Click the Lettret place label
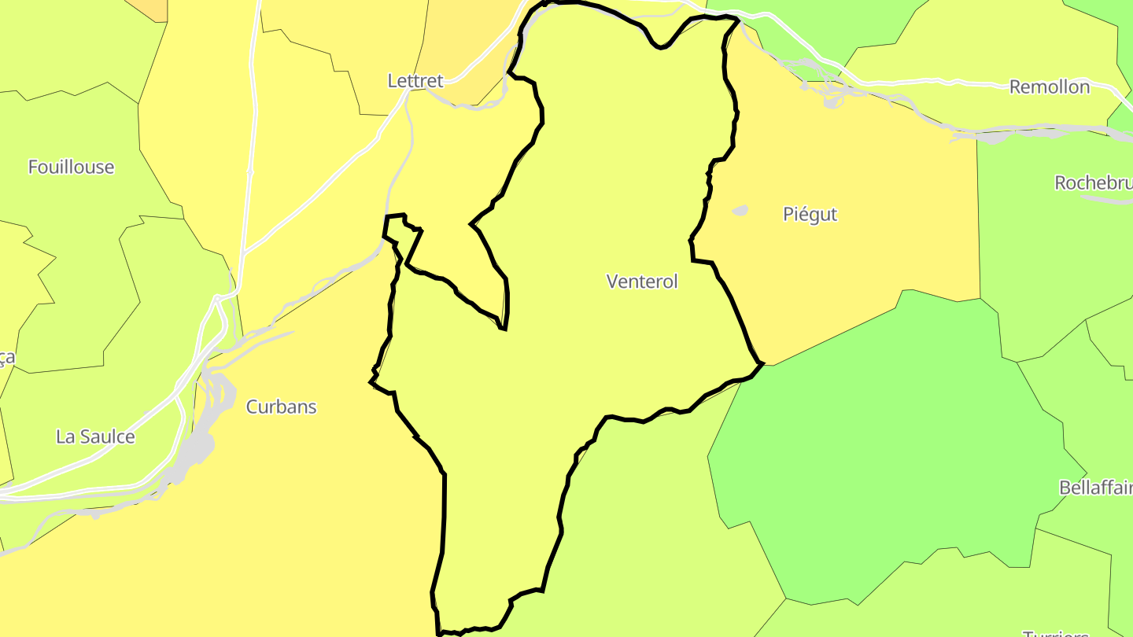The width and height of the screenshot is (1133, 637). [x=415, y=80]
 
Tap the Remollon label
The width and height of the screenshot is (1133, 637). [x=1050, y=87]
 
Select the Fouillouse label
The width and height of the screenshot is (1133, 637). [x=71, y=167]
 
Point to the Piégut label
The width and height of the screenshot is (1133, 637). [x=810, y=214]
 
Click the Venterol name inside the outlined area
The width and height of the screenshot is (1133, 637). [x=642, y=281]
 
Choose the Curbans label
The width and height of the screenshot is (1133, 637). [x=281, y=407]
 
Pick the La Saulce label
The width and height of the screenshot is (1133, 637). [x=95, y=436]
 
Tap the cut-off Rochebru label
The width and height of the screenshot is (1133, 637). [x=1094, y=182]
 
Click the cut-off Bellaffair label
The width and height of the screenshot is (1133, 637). [x=1096, y=488]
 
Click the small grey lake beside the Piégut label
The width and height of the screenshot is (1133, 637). [x=740, y=211]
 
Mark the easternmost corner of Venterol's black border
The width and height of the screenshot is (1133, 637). [x=762, y=363]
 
